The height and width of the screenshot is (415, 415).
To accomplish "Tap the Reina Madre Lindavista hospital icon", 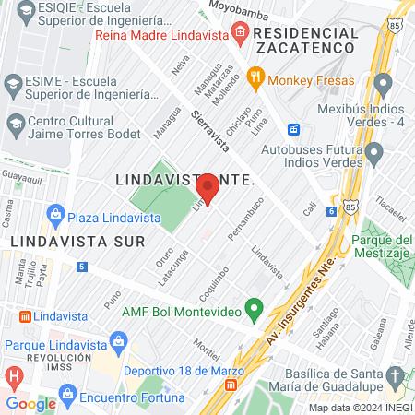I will (x=240, y=34).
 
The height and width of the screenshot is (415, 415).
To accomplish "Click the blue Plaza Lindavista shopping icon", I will (x=56, y=215).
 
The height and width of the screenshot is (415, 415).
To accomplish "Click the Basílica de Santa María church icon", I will (x=395, y=376).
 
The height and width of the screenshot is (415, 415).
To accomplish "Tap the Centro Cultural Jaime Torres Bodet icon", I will (x=15, y=123).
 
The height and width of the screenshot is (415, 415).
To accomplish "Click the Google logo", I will (x=31, y=403).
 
